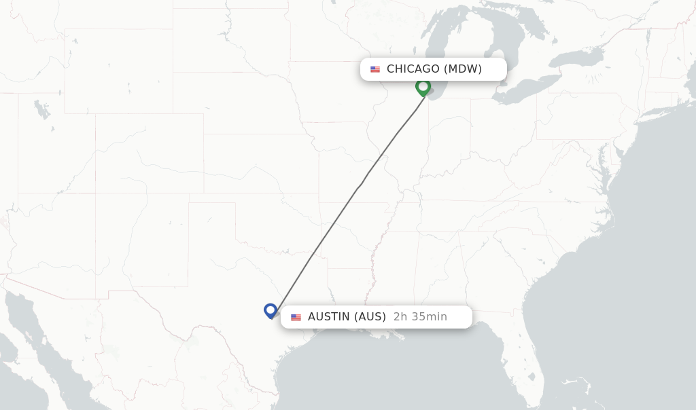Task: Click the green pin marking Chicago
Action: pyautogui.click(x=423, y=87)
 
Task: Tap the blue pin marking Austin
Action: pyautogui.click(x=271, y=310)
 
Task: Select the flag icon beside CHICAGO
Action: pyautogui.click(x=375, y=69)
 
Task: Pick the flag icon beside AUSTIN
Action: pyautogui.click(x=296, y=317)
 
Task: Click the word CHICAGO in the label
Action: pyautogui.click(x=413, y=69)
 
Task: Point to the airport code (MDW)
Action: pyautogui.click(x=463, y=69)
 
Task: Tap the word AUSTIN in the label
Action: pyautogui.click(x=329, y=316)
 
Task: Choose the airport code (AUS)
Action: pyautogui.click(x=370, y=316)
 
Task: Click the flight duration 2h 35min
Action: pyautogui.click(x=420, y=316)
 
